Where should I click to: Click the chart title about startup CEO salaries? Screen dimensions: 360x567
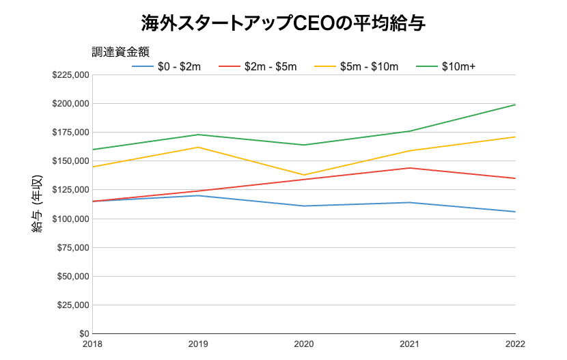pyautogui.click(x=283, y=23)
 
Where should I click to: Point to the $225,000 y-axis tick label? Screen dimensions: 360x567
pyautogui.click(x=70, y=75)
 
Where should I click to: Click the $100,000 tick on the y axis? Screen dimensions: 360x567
pyautogui.click(x=70, y=219)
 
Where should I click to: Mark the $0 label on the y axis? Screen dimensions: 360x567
pyautogui.click(x=82, y=334)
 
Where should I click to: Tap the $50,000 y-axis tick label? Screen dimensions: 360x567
pyautogui.click(x=72, y=277)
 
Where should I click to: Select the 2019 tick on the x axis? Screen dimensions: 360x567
pyautogui.click(x=198, y=345)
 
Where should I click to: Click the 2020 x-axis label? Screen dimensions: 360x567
pyautogui.click(x=304, y=345)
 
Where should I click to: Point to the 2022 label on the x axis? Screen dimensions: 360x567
pyautogui.click(x=514, y=345)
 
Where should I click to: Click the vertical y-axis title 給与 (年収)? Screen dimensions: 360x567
pyautogui.click(x=38, y=205)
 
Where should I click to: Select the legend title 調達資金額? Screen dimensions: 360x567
pyautogui.click(x=121, y=51)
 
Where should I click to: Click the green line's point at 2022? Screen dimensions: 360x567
pyautogui.click(x=515, y=105)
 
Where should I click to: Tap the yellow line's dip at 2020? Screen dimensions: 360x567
pyautogui.click(x=304, y=175)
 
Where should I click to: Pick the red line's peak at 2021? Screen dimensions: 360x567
pyautogui.click(x=410, y=168)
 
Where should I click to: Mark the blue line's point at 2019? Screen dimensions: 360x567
pyautogui.click(x=198, y=195)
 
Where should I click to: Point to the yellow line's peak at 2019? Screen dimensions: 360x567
pyautogui.click(x=198, y=148)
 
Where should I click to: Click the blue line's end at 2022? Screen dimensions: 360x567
pyautogui.click(x=515, y=212)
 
